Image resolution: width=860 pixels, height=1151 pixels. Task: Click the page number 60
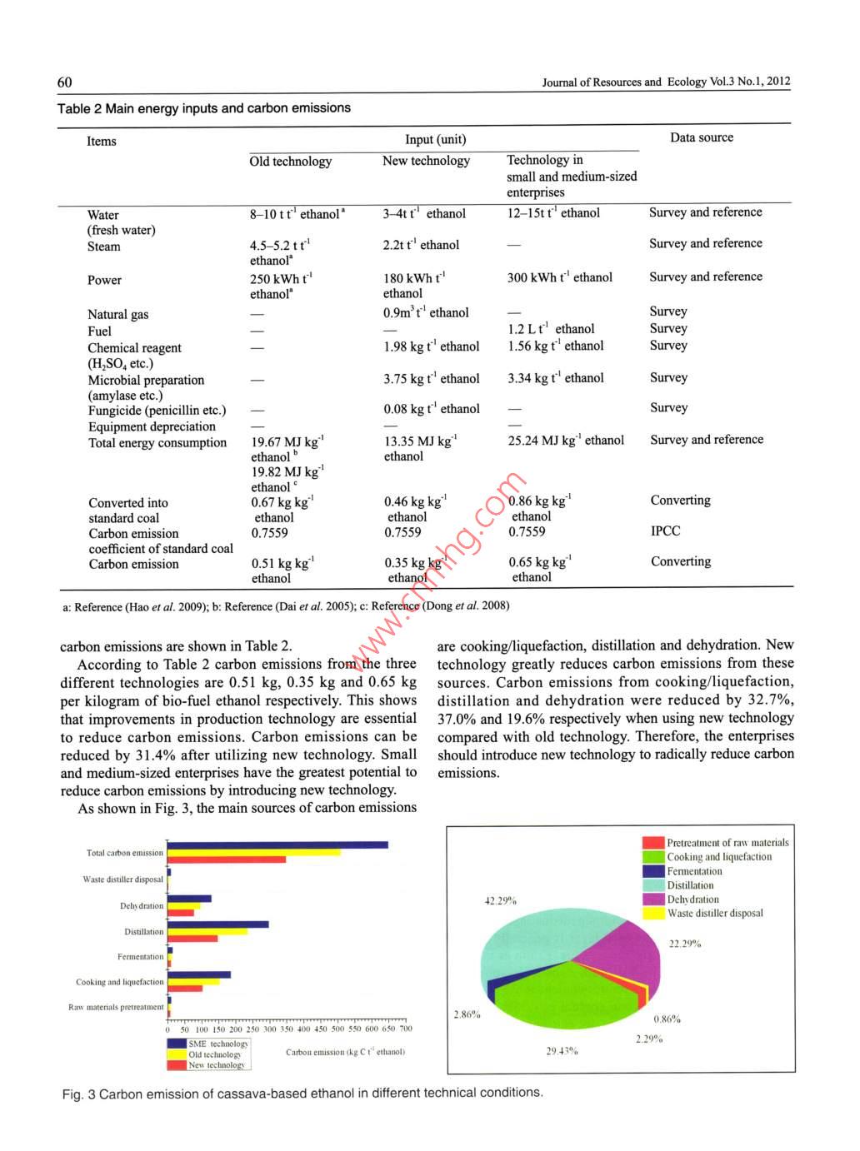point(64,82)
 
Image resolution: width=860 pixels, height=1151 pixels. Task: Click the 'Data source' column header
point(702,137)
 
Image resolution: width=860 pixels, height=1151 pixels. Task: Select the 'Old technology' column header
point(290,162)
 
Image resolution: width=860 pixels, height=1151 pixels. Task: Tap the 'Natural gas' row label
point(117,314)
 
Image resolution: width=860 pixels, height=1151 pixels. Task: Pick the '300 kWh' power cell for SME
point(559,277)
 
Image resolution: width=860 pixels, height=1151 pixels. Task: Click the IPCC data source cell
point(665,531)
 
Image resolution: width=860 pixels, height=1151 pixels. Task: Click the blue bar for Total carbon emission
point(277,845)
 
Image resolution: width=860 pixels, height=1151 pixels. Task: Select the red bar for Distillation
point(192,939)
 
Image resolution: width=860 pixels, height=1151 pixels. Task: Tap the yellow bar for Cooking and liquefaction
point(193,981)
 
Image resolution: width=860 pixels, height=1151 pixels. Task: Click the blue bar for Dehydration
point(189,899)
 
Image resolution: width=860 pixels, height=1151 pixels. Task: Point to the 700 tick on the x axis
point(406,1029)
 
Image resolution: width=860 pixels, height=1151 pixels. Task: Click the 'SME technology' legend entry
point(217,1044)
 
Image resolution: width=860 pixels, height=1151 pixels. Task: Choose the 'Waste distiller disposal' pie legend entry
point(714,914)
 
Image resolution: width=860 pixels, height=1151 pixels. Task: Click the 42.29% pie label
point(500,900)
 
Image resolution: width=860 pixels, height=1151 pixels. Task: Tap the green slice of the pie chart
point(567,995)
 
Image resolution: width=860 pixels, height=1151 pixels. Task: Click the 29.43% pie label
point(562,1051)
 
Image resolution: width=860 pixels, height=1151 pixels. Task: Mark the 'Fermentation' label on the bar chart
point(140,957)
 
